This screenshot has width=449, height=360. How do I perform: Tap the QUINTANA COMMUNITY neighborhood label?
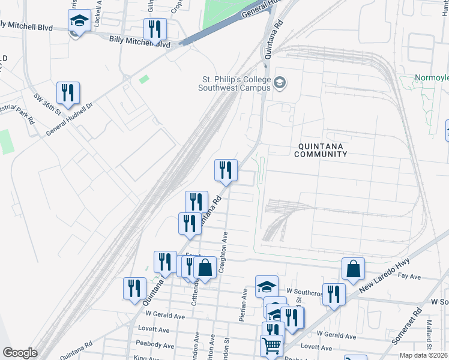click(x=321, y=149)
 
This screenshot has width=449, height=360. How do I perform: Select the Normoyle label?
click(x=432, y=79)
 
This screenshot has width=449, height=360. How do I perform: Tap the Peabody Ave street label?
click(x=155, y=345)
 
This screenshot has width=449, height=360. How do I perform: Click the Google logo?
click(x=20, y=353)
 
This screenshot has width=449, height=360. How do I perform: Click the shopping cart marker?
click(x=271, y=346)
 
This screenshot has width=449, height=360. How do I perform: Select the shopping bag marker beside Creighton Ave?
click(x=205, y=268)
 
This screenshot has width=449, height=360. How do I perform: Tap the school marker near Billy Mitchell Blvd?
click(x=79, y=21)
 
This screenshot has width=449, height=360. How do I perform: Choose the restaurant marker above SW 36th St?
click(x=68, y=93)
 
